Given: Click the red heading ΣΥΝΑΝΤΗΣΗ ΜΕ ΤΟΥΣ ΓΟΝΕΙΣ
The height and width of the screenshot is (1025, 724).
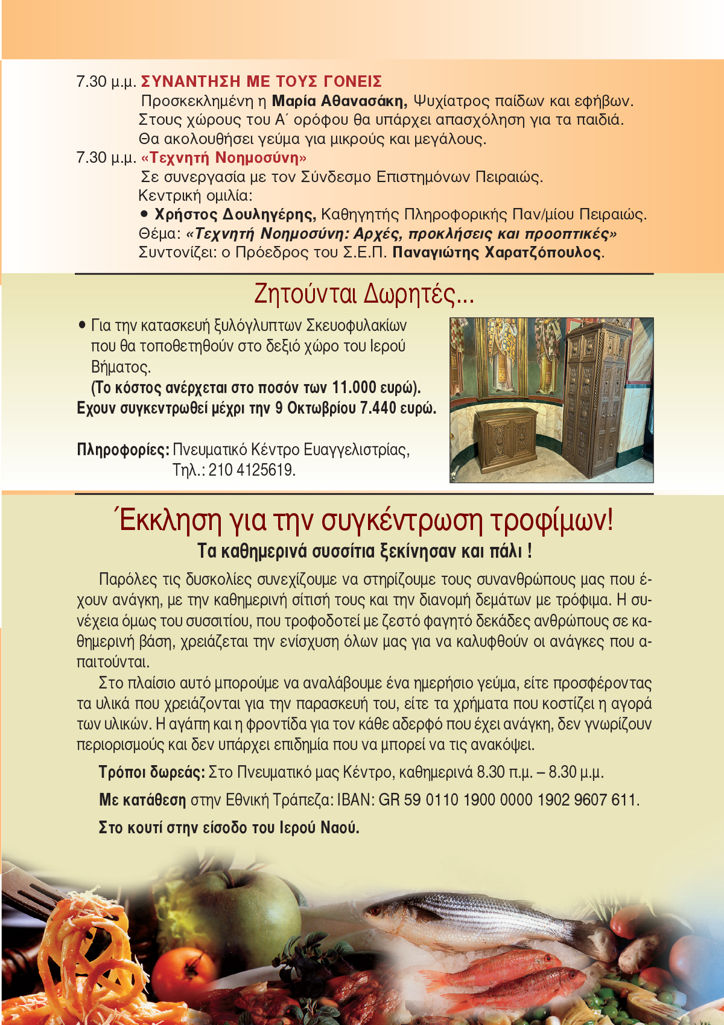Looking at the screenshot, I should (261, 81).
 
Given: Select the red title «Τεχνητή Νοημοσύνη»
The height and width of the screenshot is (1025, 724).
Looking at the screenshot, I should (224, 158).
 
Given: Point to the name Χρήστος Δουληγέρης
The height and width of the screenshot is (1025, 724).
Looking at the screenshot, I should (235, 215).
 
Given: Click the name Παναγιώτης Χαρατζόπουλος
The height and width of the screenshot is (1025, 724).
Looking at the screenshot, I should (497, 253).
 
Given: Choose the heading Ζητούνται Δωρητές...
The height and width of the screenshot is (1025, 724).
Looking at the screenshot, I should (364, 294).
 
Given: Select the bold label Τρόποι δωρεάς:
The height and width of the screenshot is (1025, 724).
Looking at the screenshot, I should (152, 772).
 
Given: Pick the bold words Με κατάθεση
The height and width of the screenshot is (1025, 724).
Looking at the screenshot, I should (142, 800).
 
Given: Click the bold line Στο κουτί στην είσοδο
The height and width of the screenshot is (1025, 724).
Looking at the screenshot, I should (229, 828).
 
